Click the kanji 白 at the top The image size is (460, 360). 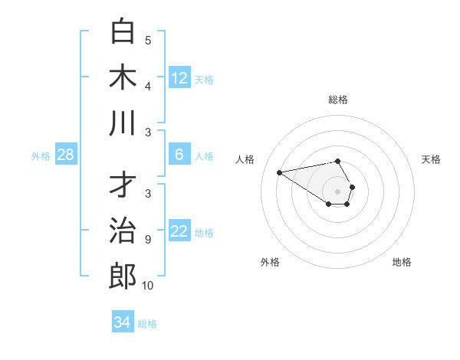123,32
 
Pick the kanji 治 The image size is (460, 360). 123,231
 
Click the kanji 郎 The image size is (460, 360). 123,277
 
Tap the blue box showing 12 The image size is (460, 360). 179,77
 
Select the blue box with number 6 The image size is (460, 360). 179,155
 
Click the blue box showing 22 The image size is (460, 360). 179,231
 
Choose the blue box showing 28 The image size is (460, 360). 66,155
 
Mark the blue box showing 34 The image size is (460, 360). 122,322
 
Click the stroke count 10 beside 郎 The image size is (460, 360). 148,286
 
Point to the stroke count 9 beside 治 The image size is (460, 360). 148,240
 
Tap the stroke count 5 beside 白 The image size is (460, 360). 148,41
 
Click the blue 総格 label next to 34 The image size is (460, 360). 147,324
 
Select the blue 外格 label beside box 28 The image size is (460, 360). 41,156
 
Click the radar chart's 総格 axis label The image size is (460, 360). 338,100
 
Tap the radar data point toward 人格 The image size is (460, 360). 280,172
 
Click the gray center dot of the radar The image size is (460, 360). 338,191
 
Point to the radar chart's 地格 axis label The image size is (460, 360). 402,262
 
